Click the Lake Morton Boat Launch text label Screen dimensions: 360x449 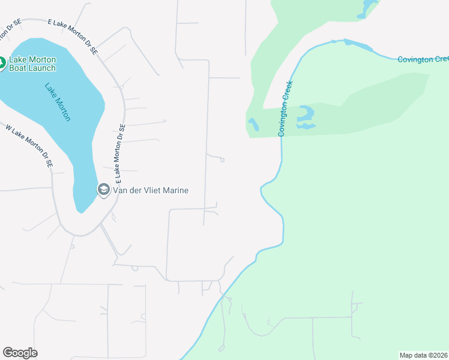[x=32, y=64]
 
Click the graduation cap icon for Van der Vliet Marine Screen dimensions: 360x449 [x=103, y=190]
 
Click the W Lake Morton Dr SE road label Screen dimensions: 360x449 [x=29, y=145]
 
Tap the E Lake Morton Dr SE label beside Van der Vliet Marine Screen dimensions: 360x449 [x=120, y=154]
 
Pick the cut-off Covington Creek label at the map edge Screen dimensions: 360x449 [x=423, y=59]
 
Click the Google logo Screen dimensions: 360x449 [x=20, y=353]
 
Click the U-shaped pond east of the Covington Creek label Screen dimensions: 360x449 [x=306, y=117]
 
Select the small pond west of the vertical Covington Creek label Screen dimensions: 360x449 [x=254, y=125]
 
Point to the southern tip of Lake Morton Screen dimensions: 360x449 [x=80, y=210]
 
